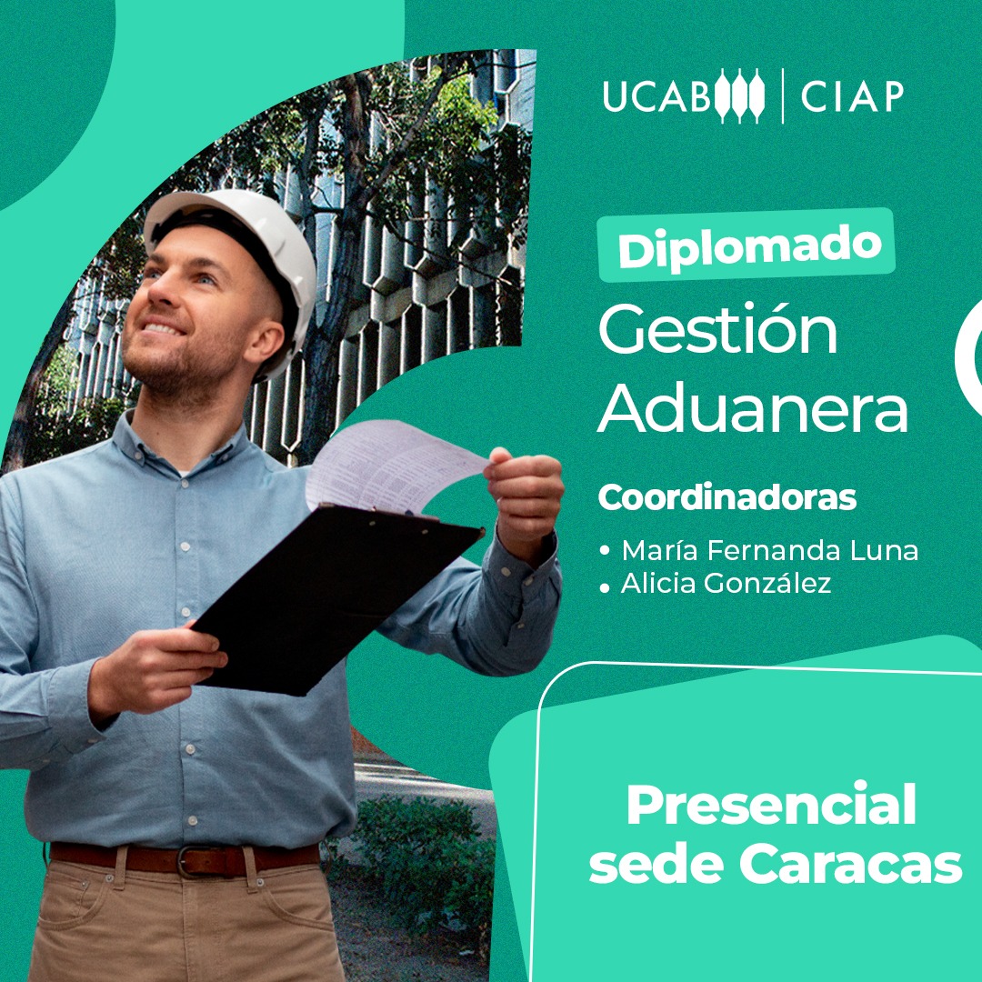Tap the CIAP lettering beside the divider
(852, 96)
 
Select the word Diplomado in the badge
(749, 247)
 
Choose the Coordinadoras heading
(727, 498)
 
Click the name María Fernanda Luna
(770, 550)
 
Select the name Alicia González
(726, 583)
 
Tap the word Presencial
(771, 805)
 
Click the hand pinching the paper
(525, 492)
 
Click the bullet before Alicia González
(605, 587)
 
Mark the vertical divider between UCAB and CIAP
(783, 95)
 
